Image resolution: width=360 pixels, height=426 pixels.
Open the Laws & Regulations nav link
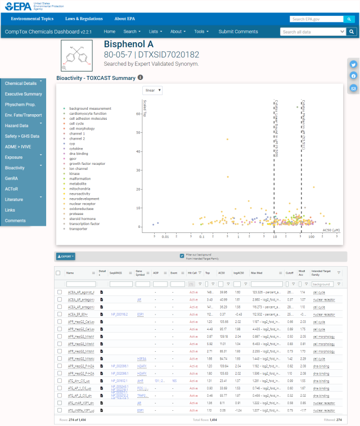[80, 19]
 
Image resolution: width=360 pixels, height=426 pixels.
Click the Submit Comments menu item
[238, 32]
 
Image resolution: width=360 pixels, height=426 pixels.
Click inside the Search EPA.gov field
[316, 19]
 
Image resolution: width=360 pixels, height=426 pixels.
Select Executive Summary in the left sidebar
[23, 94]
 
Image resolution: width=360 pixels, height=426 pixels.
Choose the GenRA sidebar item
[11, 178]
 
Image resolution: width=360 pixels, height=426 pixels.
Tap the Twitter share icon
[353, 64]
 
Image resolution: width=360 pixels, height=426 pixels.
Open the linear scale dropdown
[153, 90]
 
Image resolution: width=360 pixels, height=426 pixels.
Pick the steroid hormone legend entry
[82, 218]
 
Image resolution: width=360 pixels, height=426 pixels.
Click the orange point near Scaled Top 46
[227, 139]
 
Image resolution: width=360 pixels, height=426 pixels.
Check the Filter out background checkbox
[182, 255]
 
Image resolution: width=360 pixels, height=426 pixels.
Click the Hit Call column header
[192, 273]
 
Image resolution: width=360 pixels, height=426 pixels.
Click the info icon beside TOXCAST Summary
[140, 78]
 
